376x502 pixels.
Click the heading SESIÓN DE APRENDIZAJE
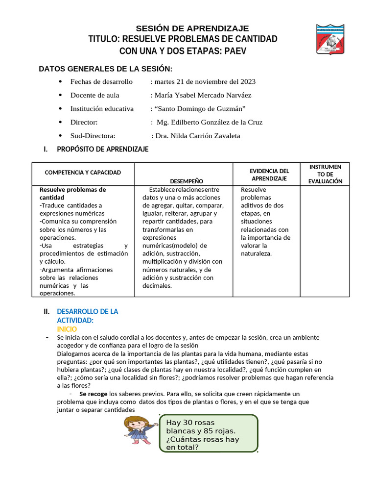192,28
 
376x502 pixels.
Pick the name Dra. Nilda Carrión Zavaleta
197,136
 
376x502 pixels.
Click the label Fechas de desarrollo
101,81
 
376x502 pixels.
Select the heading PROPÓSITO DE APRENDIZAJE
102,149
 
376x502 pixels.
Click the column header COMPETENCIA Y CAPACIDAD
83,173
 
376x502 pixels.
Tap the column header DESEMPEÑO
186,181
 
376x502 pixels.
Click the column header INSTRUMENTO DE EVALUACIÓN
325,174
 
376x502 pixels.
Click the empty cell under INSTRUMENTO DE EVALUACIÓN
325,240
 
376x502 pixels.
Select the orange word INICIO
67,329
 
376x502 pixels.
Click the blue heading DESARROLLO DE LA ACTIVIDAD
87,316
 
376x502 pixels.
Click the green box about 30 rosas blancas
209,434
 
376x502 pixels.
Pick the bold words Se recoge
93,394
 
